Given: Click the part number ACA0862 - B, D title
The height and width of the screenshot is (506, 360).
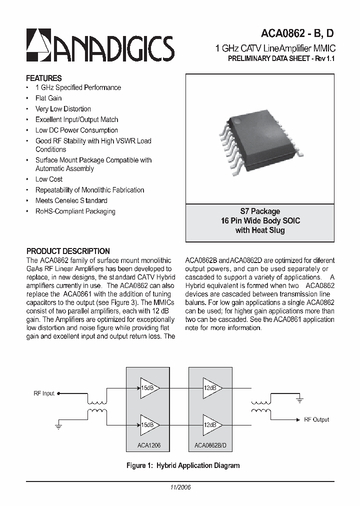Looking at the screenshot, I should pos(297,34).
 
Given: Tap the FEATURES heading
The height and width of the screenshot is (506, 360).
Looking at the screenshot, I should pos(44,78).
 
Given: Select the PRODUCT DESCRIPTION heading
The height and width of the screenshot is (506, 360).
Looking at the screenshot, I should pos(68,251).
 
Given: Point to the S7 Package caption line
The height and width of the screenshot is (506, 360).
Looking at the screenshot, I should pos(260,211).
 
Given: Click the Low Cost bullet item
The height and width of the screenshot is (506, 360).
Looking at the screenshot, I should pos(49,179).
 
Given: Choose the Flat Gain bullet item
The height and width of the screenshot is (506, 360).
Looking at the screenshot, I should pos(48,98).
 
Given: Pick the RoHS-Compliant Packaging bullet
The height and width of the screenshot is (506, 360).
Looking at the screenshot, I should pos(75,211).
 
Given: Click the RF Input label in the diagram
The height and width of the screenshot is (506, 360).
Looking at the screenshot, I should pos(44,393).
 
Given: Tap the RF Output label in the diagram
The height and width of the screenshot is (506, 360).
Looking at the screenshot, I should pos(316,419).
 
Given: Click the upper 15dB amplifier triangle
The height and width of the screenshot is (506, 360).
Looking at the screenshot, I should pos(149,388).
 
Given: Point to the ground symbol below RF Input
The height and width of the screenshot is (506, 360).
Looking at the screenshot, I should pos(58,427).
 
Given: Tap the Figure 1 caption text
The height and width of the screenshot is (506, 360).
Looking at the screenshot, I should pos(183,465).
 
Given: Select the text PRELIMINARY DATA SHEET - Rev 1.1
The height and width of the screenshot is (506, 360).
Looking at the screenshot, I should pos(280,59).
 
